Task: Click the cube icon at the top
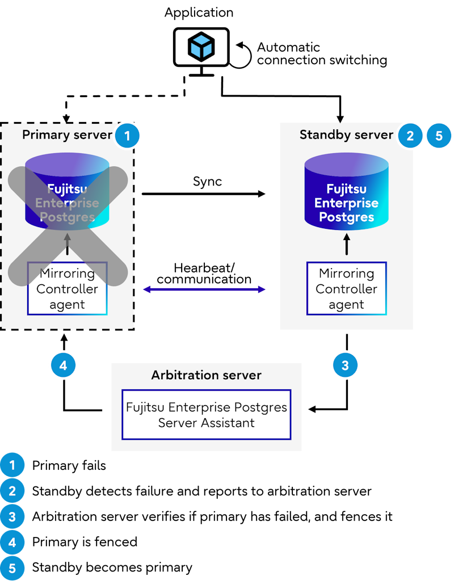point(201,47)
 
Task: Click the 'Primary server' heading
point(67,135)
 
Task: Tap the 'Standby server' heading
point(346,135)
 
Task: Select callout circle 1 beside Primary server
point(127,136)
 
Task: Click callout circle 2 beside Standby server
point(410,136)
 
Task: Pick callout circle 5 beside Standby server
point(439,136)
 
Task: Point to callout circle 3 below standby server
point(345,365)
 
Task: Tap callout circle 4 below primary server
point(63,365)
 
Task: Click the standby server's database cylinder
point(346,193)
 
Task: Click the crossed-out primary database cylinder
point(67,193)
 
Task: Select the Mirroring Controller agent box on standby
point(346,288)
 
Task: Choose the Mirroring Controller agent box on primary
point(67,289)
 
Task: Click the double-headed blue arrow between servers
point(204,289)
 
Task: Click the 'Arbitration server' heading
point(206,375)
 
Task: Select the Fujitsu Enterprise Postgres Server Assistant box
point(206,415)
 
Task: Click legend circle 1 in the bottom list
point(12,465)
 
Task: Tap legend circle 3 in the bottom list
point(12,517)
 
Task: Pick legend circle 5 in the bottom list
point(12,568)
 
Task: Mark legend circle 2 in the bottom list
point(12,491)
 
